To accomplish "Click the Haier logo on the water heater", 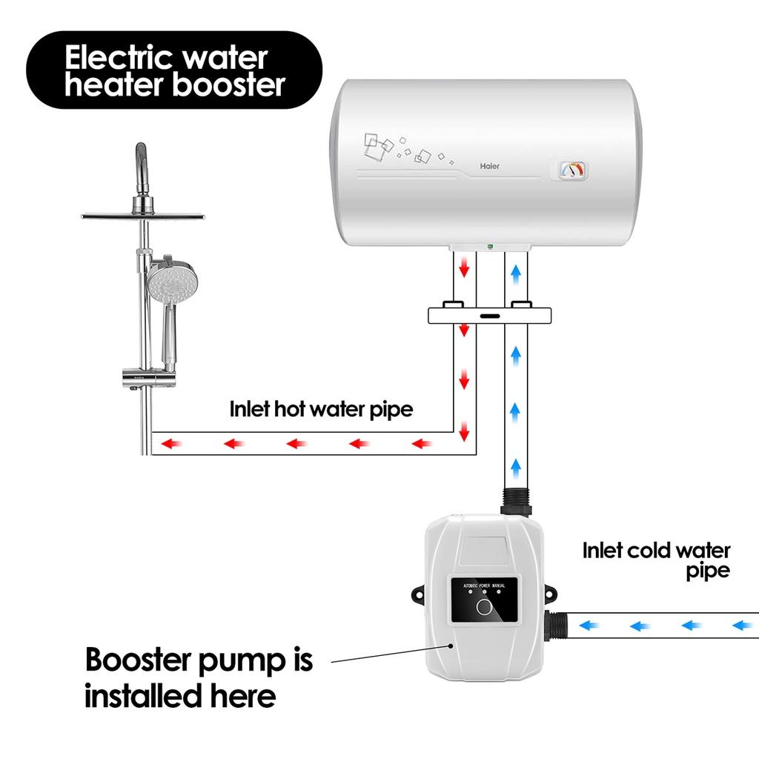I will point(490,166).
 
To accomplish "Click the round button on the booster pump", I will point(485,609).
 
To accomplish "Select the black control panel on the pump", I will point(485,601).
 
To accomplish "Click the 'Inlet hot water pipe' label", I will point(320,408).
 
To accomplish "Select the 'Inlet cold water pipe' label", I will point(656,560).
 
